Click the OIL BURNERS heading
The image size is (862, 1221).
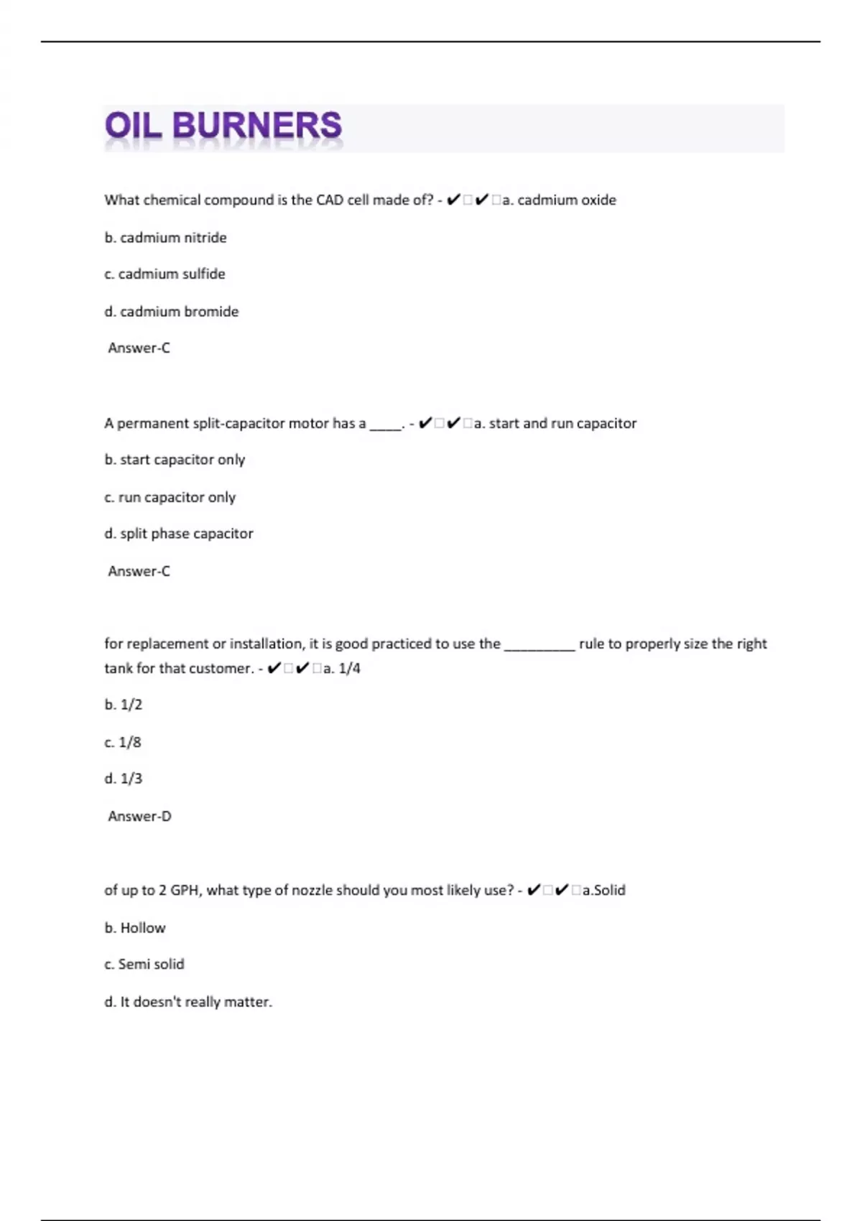(x=223, y=126)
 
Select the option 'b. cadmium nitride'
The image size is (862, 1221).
(x=165, y=238)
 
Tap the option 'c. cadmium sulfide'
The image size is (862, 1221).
(x=164, y=274)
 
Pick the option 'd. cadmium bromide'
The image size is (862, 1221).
(x=171, y=312)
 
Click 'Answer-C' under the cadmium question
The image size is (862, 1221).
(x=139, y=348)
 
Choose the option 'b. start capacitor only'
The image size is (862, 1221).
(x=175, y=460)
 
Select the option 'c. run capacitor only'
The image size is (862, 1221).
(x=170, y=497)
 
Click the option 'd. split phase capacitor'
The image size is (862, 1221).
(x=178, y=534)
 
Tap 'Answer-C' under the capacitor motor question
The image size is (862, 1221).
(x=139, y=572)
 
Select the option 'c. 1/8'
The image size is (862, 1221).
(x=123, y=743)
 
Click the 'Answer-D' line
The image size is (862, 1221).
(x=139, y=817)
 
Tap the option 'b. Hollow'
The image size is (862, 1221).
(x=134, y=928)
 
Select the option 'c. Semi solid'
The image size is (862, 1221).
(x=144, y=965)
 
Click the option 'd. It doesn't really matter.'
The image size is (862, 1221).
(x=188, y=1002)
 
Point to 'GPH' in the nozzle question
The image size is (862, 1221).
(x=185, y=891)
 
